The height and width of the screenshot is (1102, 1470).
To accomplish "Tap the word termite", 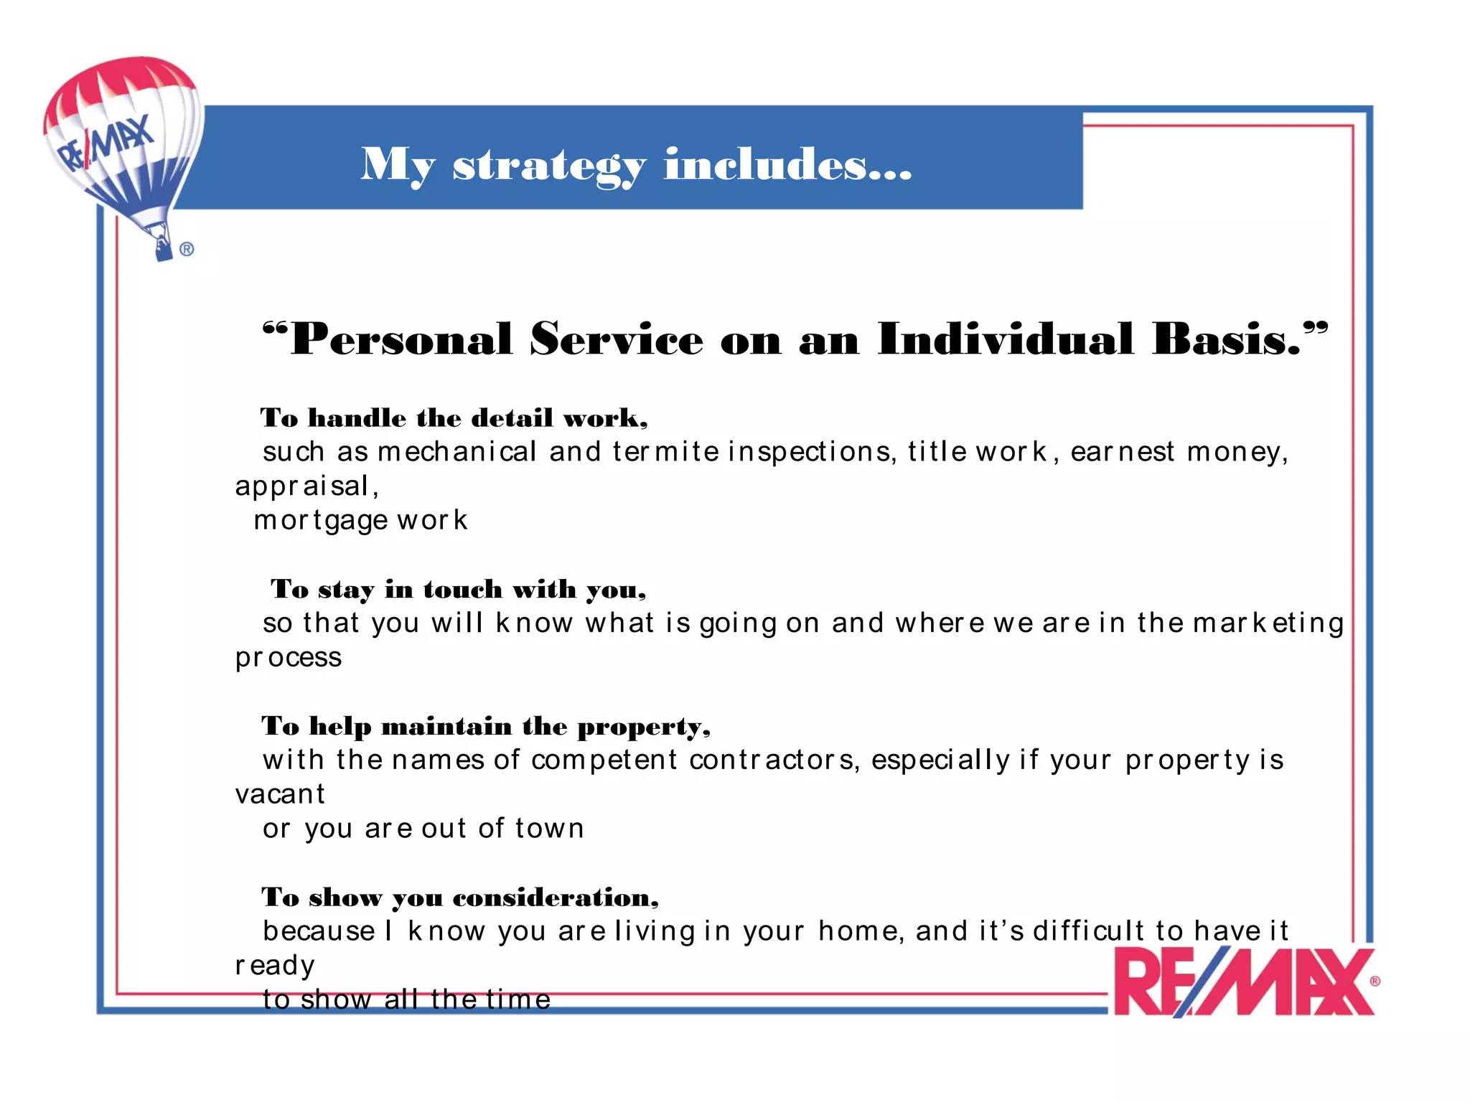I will point(665,452).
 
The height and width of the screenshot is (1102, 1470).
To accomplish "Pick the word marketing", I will point(1268,623).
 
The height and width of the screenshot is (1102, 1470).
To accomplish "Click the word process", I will point(289,658).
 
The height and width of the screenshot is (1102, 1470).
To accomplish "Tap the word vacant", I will point(280,794).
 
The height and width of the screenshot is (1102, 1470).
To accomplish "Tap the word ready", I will point(275,966).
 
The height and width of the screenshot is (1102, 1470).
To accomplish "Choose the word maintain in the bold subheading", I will point(446,727).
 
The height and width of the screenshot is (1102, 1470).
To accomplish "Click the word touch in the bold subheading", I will point(463,590).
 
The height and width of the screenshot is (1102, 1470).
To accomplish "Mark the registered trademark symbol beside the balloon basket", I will point(187,249).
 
